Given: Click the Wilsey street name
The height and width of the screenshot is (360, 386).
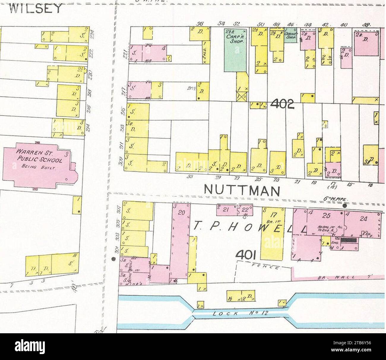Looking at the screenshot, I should coord(36,8).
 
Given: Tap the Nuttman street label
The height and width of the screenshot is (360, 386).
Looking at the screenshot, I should coord(242,190).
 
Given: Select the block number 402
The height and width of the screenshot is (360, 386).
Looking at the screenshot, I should coord(282,104).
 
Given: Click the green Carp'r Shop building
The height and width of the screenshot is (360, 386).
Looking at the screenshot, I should coord(235,49).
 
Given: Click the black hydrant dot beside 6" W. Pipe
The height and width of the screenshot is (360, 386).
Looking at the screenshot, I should coord(345,206).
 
